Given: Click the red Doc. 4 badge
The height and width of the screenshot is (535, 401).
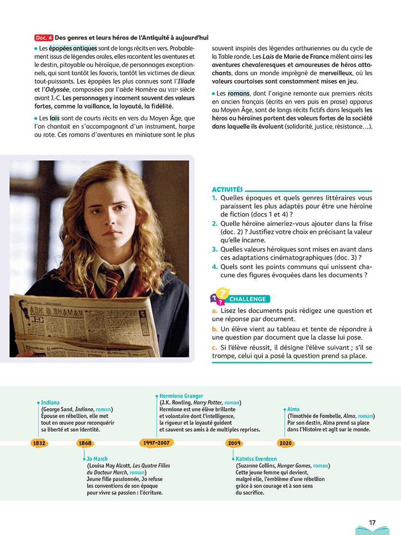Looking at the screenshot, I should point(44,38).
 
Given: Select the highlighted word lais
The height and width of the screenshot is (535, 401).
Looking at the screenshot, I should point(54,118).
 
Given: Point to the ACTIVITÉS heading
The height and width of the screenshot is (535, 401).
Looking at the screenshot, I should point(227,189).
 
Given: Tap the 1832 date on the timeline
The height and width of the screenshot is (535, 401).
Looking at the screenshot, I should point(39,443).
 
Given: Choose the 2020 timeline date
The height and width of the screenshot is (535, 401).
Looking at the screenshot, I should point(285,443).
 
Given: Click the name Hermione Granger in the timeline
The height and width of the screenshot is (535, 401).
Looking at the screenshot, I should point(181,396).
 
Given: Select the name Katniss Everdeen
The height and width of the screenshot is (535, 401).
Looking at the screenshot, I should point(256,459).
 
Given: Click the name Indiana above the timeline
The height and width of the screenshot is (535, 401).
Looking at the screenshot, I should point(50,403).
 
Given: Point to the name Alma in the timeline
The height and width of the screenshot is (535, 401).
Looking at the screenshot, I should point(294,409).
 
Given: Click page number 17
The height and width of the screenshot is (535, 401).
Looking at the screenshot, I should point(372,522).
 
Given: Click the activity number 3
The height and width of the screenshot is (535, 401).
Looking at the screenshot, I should point(215,249).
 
